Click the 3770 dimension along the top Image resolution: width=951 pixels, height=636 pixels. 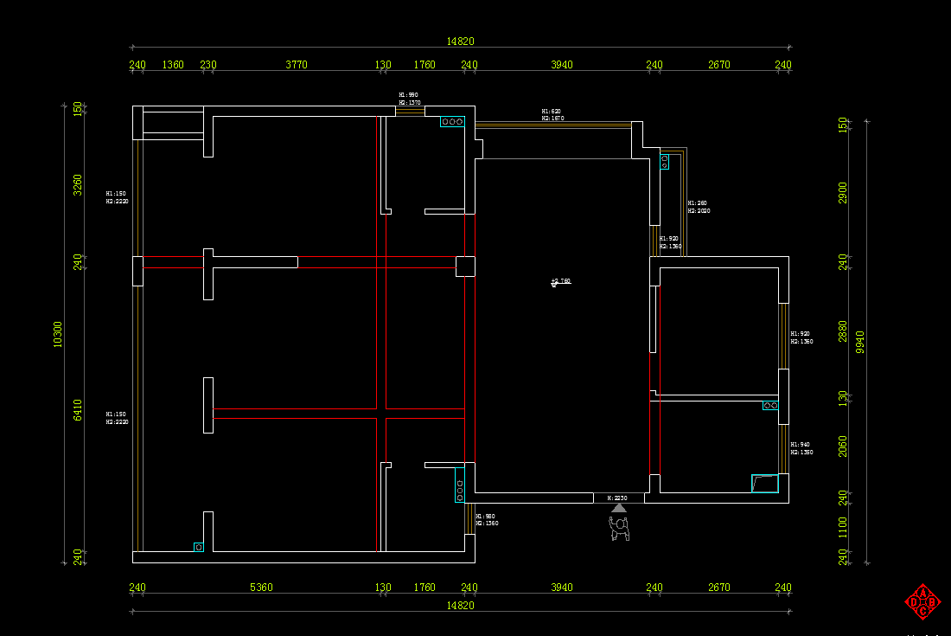coord(297,65)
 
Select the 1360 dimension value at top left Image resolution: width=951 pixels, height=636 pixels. coord(173,65)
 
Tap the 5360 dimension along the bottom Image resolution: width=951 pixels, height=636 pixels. coord(261,588)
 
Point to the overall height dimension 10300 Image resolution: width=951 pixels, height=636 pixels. coord(58,334)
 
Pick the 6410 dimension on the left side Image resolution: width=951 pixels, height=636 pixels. coord(78,409)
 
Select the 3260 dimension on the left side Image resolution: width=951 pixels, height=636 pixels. coord(78,184)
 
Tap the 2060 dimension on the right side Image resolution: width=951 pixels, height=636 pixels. coord(843,446)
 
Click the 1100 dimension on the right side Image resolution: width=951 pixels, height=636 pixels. coord(843,526)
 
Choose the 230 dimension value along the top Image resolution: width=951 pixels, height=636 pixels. coord(208,65)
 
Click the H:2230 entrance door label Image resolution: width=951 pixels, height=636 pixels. coord(617,498)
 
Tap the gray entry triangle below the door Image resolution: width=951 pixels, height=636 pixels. coord(619,508)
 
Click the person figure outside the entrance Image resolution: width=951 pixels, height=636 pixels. coord(620,529)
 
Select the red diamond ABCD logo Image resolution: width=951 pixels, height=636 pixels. coord(922,601)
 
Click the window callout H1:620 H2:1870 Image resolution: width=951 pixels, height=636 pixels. coord(552,115)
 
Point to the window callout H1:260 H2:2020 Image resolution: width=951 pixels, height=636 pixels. coord(699,207)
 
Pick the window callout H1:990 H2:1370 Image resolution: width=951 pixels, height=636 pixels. coord(409,99)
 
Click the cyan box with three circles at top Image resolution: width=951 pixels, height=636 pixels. coord(452,122)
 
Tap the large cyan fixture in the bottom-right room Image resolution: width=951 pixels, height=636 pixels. coord(764,483)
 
